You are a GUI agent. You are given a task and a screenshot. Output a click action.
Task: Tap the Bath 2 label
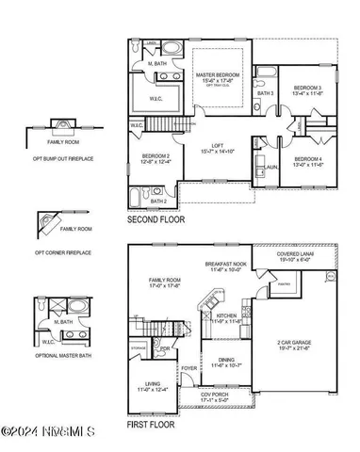[158, 201]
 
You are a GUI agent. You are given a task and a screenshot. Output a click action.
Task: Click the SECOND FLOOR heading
[155, 219]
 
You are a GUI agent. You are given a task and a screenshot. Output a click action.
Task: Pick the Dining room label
[226, 361]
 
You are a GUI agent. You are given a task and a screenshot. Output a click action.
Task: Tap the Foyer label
[189, 368]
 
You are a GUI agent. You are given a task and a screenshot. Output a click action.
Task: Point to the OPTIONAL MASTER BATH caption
[60, 356]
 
